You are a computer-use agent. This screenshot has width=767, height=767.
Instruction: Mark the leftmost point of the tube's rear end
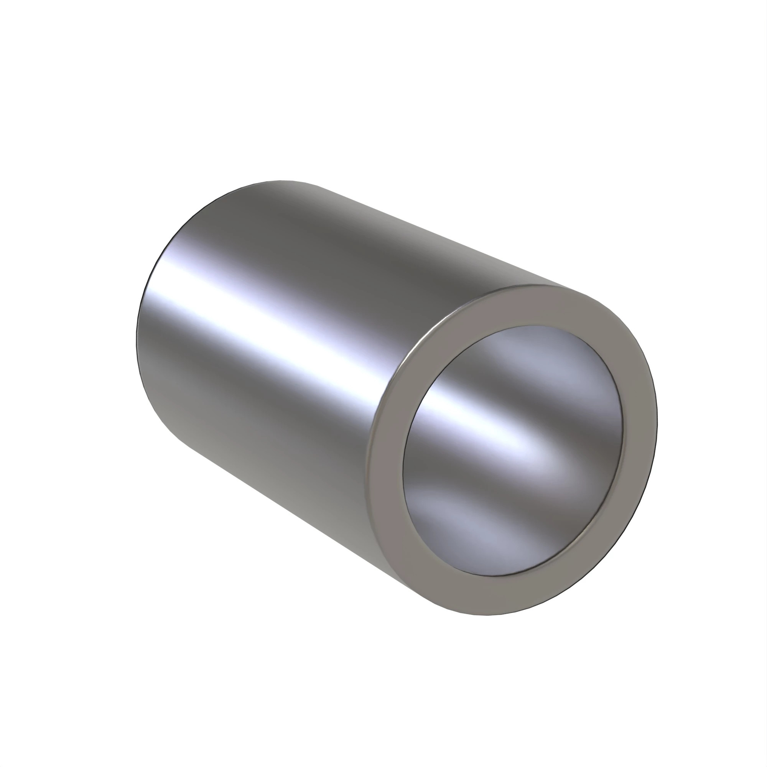click(136, 337)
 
